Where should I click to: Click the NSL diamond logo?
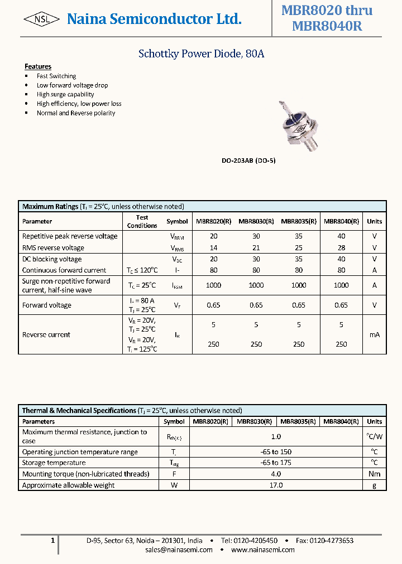click(42, 20)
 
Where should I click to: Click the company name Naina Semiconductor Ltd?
click(154, 20)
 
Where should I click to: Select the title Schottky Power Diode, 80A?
click(201, 54)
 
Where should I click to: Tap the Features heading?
click(38, 66)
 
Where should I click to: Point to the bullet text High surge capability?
click(65, 94)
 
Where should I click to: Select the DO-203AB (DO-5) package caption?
click(248, 161)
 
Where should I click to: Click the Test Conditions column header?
click(142, 221)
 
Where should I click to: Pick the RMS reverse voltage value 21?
click(256, 247)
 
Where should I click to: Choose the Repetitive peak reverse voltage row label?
click(70, 236)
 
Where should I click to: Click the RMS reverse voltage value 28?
click(341, 247)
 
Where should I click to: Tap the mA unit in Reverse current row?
click(374, 335)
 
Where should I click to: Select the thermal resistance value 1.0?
click(276, 436)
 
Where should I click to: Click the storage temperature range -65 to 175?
click(276, 463)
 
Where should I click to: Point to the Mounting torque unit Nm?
click(374, 474)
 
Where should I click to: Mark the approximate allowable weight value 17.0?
click(276, 485)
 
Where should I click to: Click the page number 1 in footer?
click(52, 540)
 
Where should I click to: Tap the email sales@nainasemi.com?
click(179, 550)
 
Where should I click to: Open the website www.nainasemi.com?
click(262, 550)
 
